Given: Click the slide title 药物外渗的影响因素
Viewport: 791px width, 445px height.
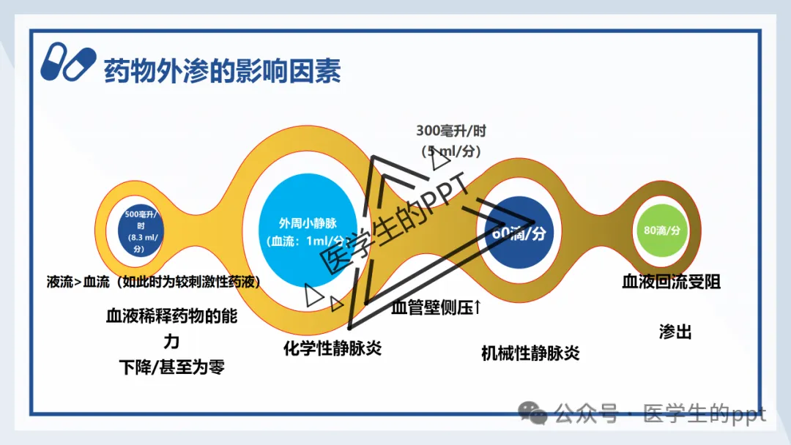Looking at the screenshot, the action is coord(223,72).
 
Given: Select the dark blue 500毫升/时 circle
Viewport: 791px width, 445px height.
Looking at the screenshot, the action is coord(135,231).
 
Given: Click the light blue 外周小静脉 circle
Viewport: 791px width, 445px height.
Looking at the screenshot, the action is coord(306,232).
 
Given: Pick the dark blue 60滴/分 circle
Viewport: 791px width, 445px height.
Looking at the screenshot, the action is coord(519,233).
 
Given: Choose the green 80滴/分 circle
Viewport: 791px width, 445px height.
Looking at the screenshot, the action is coord(662,230).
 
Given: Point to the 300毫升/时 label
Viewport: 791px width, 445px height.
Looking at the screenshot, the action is coord(451,132).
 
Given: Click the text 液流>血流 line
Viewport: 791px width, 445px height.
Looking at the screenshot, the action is coord(154,282).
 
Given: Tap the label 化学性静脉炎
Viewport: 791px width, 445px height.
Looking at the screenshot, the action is coord(333,348).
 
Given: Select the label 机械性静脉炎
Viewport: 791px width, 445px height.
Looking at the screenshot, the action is coord(530,353).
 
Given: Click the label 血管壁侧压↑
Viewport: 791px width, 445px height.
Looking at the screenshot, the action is coord(437,307).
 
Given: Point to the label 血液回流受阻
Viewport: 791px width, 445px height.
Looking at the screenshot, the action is coord(671,282).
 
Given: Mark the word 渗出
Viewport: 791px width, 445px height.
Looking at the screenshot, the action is coord(675,332).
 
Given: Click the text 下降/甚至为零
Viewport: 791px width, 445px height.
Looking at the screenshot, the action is coord(171,367).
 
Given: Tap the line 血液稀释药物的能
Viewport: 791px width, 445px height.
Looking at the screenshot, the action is coord(171,317).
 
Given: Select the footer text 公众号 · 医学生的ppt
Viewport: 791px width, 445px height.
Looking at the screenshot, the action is coord(659,414).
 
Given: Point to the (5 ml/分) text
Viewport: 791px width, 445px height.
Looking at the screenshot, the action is coord(451,152).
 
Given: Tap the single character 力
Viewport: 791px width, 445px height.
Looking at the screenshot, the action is coord(171,342).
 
